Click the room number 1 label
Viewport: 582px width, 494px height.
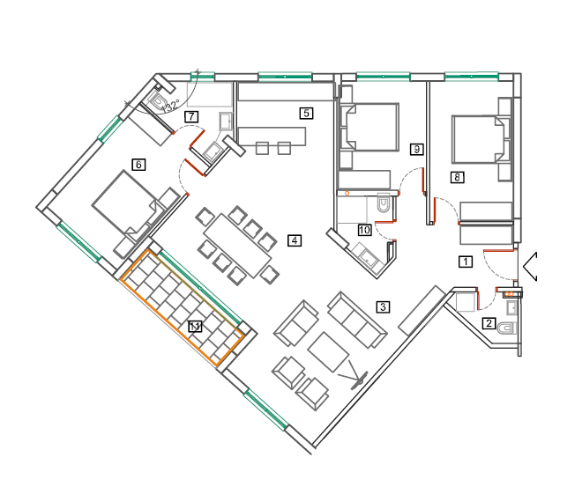point(466,262)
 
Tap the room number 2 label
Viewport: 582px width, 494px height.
point(489,323)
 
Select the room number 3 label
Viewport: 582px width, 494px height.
point(383,306)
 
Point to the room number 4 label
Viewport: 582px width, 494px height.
point(295,240)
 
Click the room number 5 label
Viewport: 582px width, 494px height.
point(306,113)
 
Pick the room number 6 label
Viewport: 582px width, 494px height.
point(138,164)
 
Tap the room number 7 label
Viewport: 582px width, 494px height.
point(191,117)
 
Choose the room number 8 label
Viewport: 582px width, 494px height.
point(457,177)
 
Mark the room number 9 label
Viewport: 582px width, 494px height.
point(417,149)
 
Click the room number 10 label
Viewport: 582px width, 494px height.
point(364,230)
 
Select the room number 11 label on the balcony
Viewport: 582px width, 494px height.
point(195,327)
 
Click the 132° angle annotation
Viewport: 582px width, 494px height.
point(171,106)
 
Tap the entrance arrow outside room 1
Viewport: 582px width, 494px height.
point(530,266)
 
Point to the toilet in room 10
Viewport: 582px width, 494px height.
point(384,204)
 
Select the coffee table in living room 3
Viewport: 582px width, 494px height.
point(328,351)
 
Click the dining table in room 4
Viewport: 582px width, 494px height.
point(238,246)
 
